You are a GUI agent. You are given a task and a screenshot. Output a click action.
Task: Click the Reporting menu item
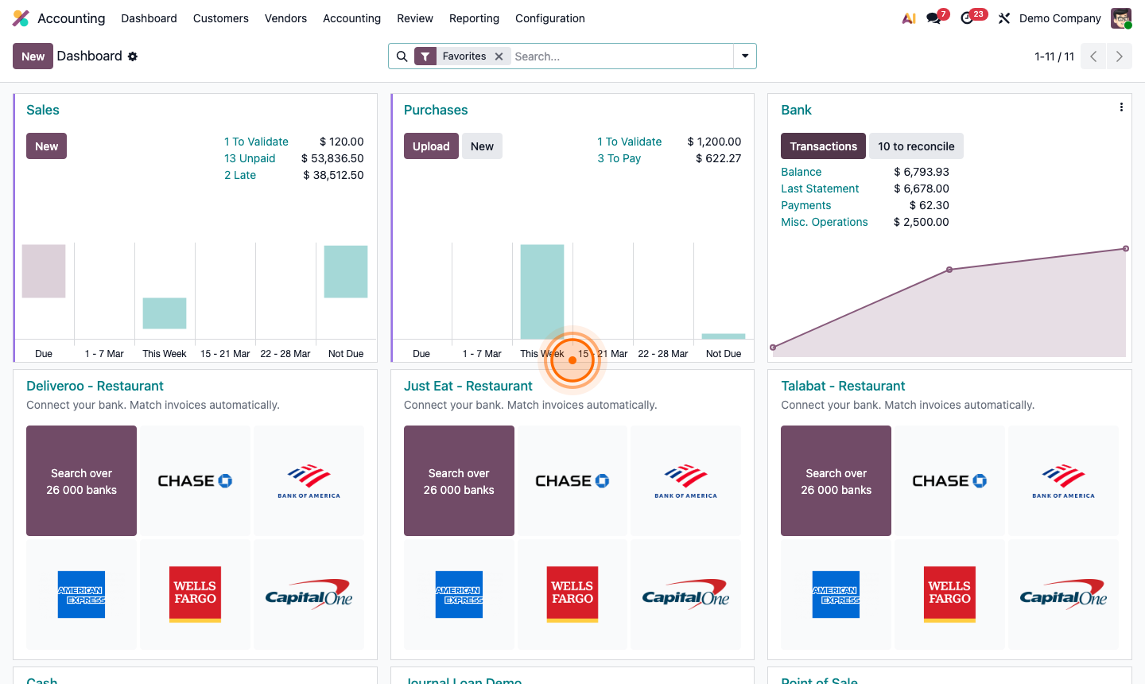point(474,18)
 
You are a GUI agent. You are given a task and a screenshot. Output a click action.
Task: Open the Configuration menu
point(549,18)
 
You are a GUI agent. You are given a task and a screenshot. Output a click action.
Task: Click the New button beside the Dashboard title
point(33,56)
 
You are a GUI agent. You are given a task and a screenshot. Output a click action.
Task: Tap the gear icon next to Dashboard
point(133,56)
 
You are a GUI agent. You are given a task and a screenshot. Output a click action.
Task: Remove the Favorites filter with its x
point(499,56)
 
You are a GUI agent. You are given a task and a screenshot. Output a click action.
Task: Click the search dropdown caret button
point(745,56)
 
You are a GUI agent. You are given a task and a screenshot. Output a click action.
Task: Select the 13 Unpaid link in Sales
point(250,158)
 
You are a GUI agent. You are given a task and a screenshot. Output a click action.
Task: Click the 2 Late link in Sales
point(240,175)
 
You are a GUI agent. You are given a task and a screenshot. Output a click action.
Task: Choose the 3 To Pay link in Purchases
point(619,158)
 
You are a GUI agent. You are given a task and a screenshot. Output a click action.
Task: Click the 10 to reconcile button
point(916,146)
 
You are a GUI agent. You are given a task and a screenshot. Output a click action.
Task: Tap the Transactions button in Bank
point(823,146)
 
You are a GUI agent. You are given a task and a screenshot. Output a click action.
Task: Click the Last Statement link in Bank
point(820,188)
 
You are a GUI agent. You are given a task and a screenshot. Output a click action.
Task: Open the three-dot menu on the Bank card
point(1121,107)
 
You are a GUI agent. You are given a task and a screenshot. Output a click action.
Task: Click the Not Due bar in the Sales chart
point(346,271)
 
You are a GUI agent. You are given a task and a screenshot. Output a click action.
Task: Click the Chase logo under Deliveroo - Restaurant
point(195,480)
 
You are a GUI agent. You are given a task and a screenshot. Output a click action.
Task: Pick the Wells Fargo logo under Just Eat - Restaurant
point(572,594)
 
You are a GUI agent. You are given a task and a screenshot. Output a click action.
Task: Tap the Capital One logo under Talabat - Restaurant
point(1063,594)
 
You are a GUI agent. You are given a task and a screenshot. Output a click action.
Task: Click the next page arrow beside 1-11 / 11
point(1119,56)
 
